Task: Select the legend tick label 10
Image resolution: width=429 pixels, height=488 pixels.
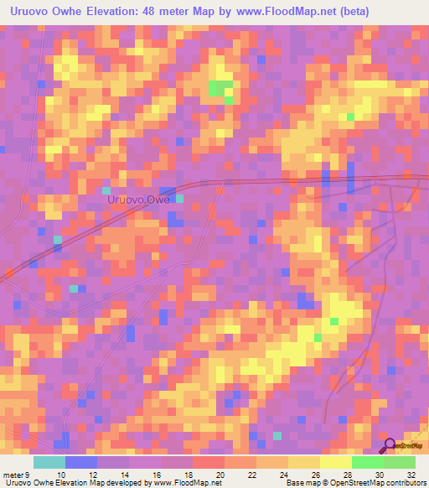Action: [49, 475]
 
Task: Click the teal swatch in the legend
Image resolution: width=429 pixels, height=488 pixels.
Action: [49, 462]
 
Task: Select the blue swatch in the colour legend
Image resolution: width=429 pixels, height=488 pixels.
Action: [81, 462]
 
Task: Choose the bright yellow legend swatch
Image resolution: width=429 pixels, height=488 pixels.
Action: [335, 462]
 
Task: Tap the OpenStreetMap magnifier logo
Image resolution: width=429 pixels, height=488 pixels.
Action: [389, 444]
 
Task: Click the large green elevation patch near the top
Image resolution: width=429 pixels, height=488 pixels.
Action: [221, 87]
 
